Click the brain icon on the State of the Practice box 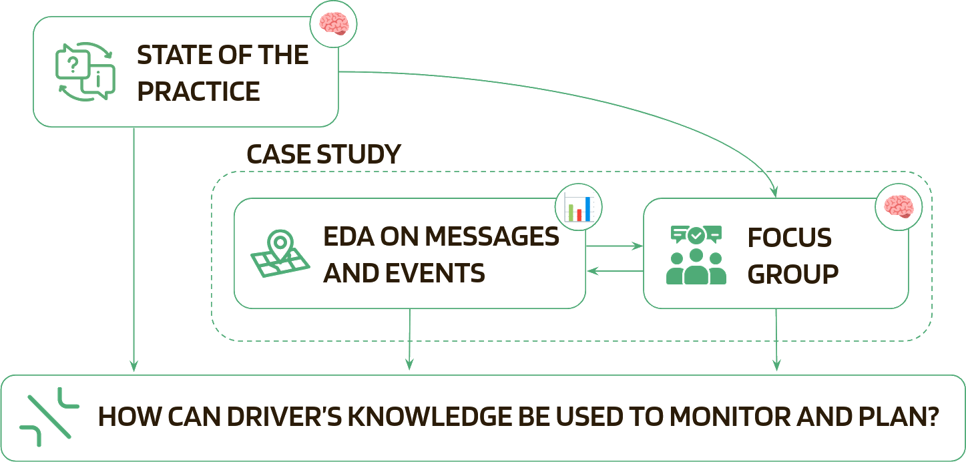[x=333, y=25]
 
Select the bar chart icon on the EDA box [x=578, y=208]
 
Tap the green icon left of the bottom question [x=49, y=417]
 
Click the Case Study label [x=323, y=155]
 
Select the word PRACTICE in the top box [x=198, y=91]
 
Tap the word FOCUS [x=790, y=237]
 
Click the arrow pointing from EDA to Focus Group [x=614, y=247]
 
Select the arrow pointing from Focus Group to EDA [x=614, y=271]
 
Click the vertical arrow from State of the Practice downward [x=134, y=247]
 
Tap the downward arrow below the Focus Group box [x=776, y=340]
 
